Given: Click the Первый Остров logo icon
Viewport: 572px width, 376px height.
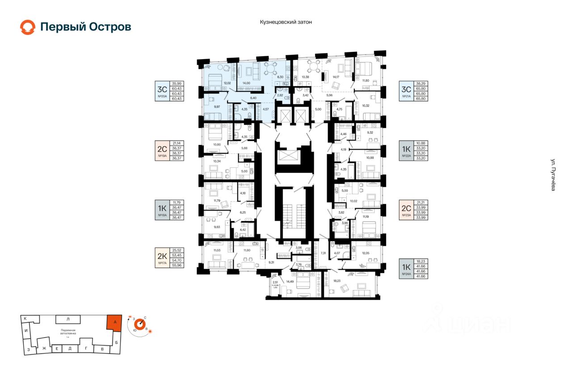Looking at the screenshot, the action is click(28, 27).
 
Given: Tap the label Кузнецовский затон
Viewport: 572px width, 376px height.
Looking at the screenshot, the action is click(286, 21).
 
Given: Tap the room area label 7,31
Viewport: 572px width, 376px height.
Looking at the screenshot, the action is click(323, 254).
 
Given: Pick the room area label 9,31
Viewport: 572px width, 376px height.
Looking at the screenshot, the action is click(272, 262).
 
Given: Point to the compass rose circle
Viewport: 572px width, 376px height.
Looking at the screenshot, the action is click(140, 323).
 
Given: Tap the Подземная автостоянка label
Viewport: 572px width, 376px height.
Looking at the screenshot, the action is click(68, 332).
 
